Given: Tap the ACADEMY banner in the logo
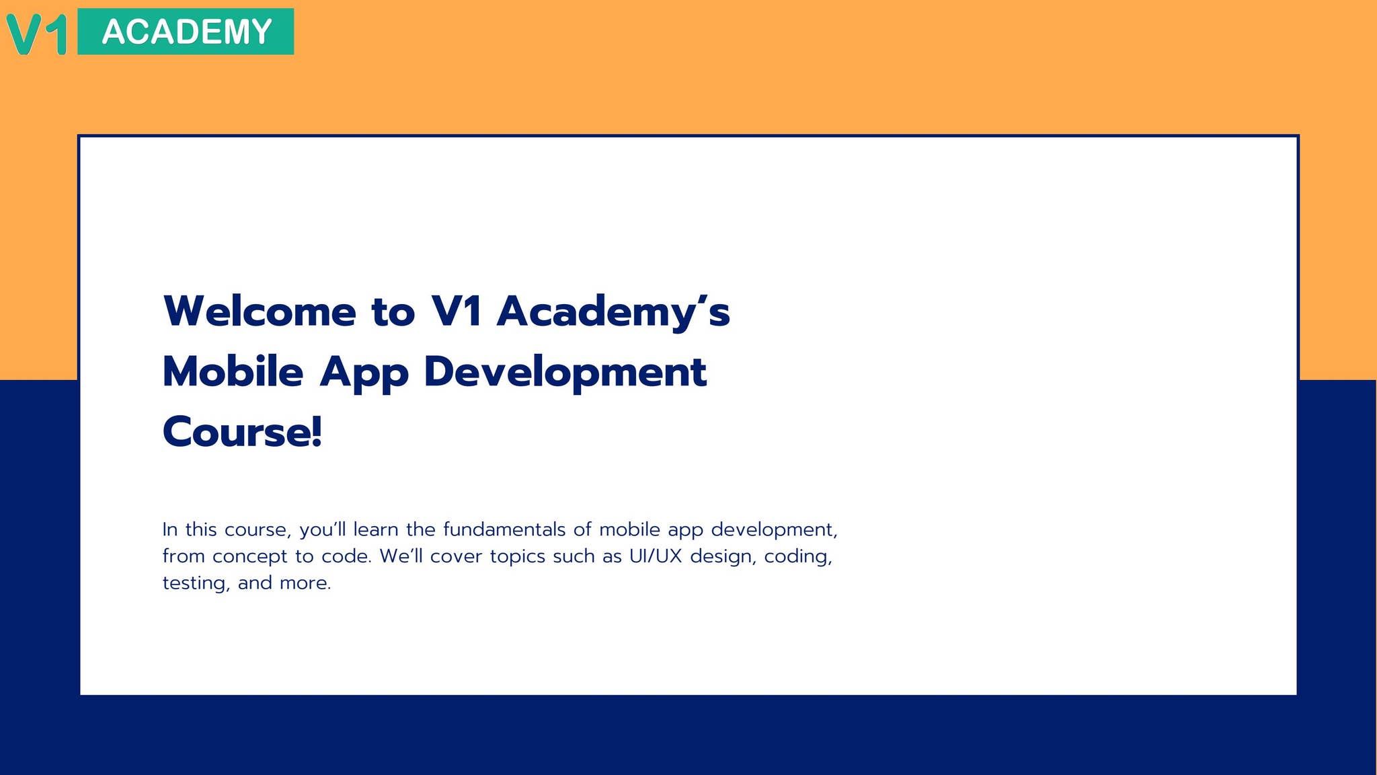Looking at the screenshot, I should tap(186, 32).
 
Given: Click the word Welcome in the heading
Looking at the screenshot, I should tap(259, 311).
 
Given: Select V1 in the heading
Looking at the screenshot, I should tap(457, 311).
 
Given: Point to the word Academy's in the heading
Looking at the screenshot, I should tap(613, 311).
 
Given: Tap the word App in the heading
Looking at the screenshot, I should tap(364, 373).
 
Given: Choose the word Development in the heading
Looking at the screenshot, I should tap(565, 373).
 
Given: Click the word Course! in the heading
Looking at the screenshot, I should tap(242, 432).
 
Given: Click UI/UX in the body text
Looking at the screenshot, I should tap(656, 556).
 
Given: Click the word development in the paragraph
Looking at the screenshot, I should tap(773, 530).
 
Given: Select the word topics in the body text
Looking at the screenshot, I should tap(517, 557).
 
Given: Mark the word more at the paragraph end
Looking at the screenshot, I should tap(305, 583).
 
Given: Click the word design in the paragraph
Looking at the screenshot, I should tap(722, 557).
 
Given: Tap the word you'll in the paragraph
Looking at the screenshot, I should tap(322, 530).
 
